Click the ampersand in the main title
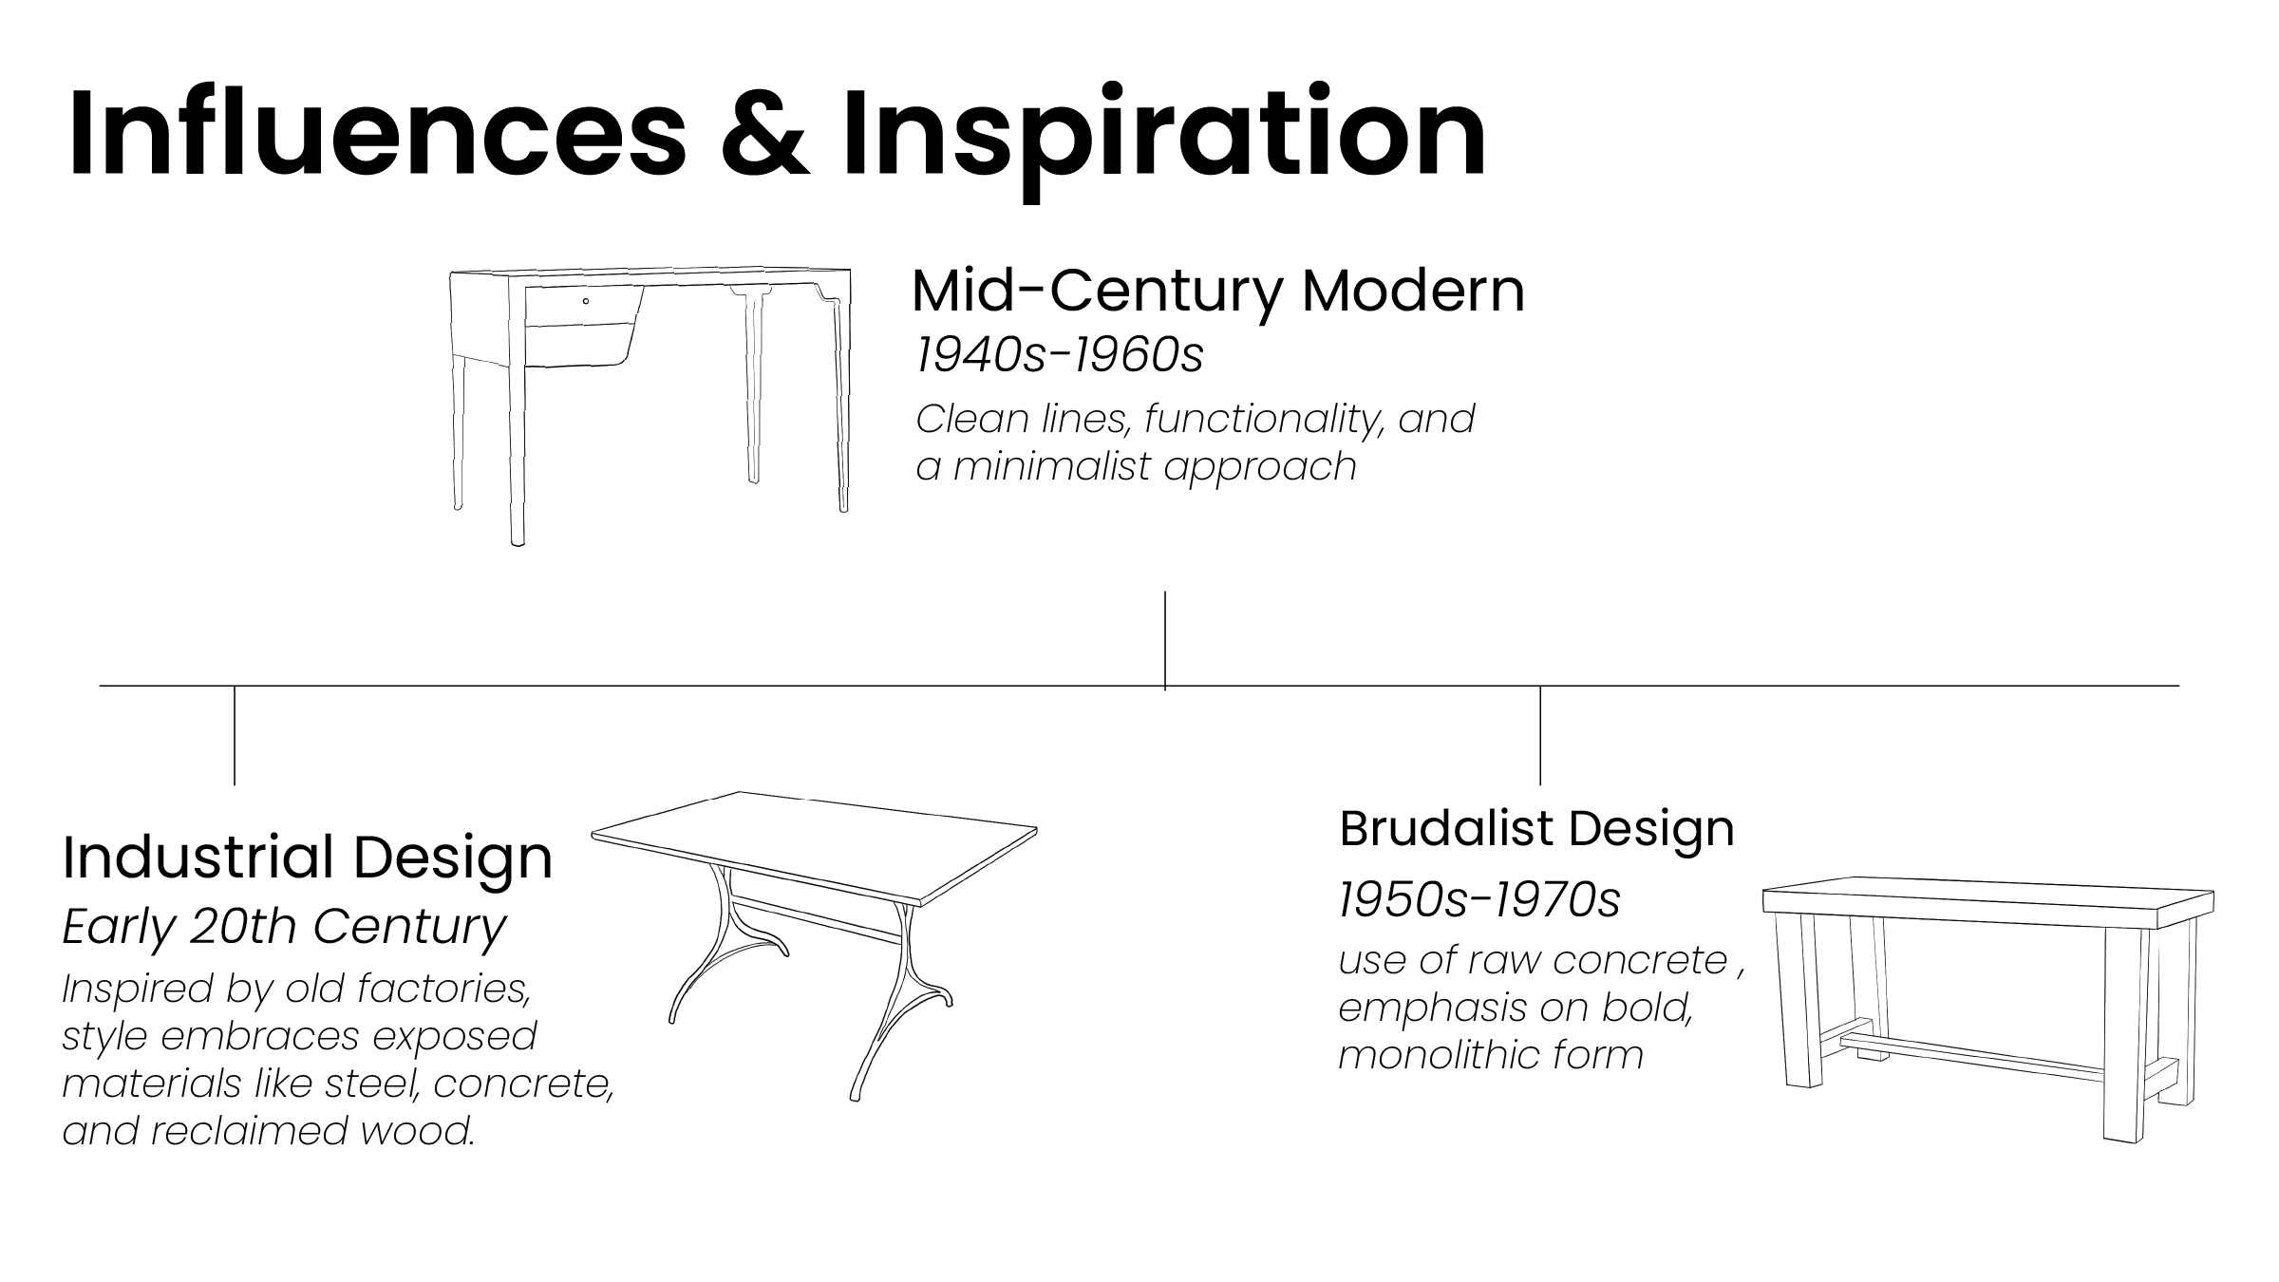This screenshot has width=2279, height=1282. [765, 133]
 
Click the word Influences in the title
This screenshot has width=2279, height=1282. [376, 133]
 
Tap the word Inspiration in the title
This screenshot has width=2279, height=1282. [1164, 133]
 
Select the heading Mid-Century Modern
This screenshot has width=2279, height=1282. [1217, 291]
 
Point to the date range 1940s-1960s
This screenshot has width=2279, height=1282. [1059, 355]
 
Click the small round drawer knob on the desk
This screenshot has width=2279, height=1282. [586, 301]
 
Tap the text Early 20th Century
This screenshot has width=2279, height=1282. [284, 927]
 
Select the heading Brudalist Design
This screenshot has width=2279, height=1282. [1536, 828]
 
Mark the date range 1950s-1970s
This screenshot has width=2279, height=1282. [1479, 899]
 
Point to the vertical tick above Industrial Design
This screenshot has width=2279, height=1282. [235, 735]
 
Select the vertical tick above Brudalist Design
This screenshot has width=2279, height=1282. [1540, 735]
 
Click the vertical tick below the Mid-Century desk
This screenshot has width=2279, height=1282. [1165, 638]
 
